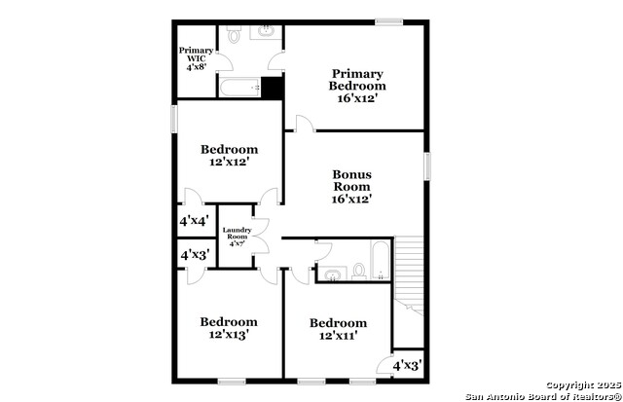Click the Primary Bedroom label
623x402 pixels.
[x=357, y=86]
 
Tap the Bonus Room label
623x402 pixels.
[x=352, y=187]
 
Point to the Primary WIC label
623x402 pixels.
[x=196, y=58]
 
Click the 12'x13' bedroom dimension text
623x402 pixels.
[x=229, y=335]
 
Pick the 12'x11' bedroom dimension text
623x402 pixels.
[x=339, y=336]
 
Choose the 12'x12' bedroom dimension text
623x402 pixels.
[x=230, y=162]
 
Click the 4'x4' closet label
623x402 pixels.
[x=195, y=221]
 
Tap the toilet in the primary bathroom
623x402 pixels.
[x=234, y=35]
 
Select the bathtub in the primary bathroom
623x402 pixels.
[x=240, y=87]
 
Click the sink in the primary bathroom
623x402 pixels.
[x=266, y=30]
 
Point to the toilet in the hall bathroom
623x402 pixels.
[x=359, y=272]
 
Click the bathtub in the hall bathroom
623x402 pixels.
[x=381, y=260]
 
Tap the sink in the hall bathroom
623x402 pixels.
[x=332, y=274]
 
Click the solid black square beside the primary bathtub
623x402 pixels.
[x=272, y=87]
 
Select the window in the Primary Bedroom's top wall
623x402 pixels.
[x=389, y=22]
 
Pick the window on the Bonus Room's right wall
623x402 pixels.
[x=427, y=166]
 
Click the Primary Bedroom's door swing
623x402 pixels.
[x=305, y=124]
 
